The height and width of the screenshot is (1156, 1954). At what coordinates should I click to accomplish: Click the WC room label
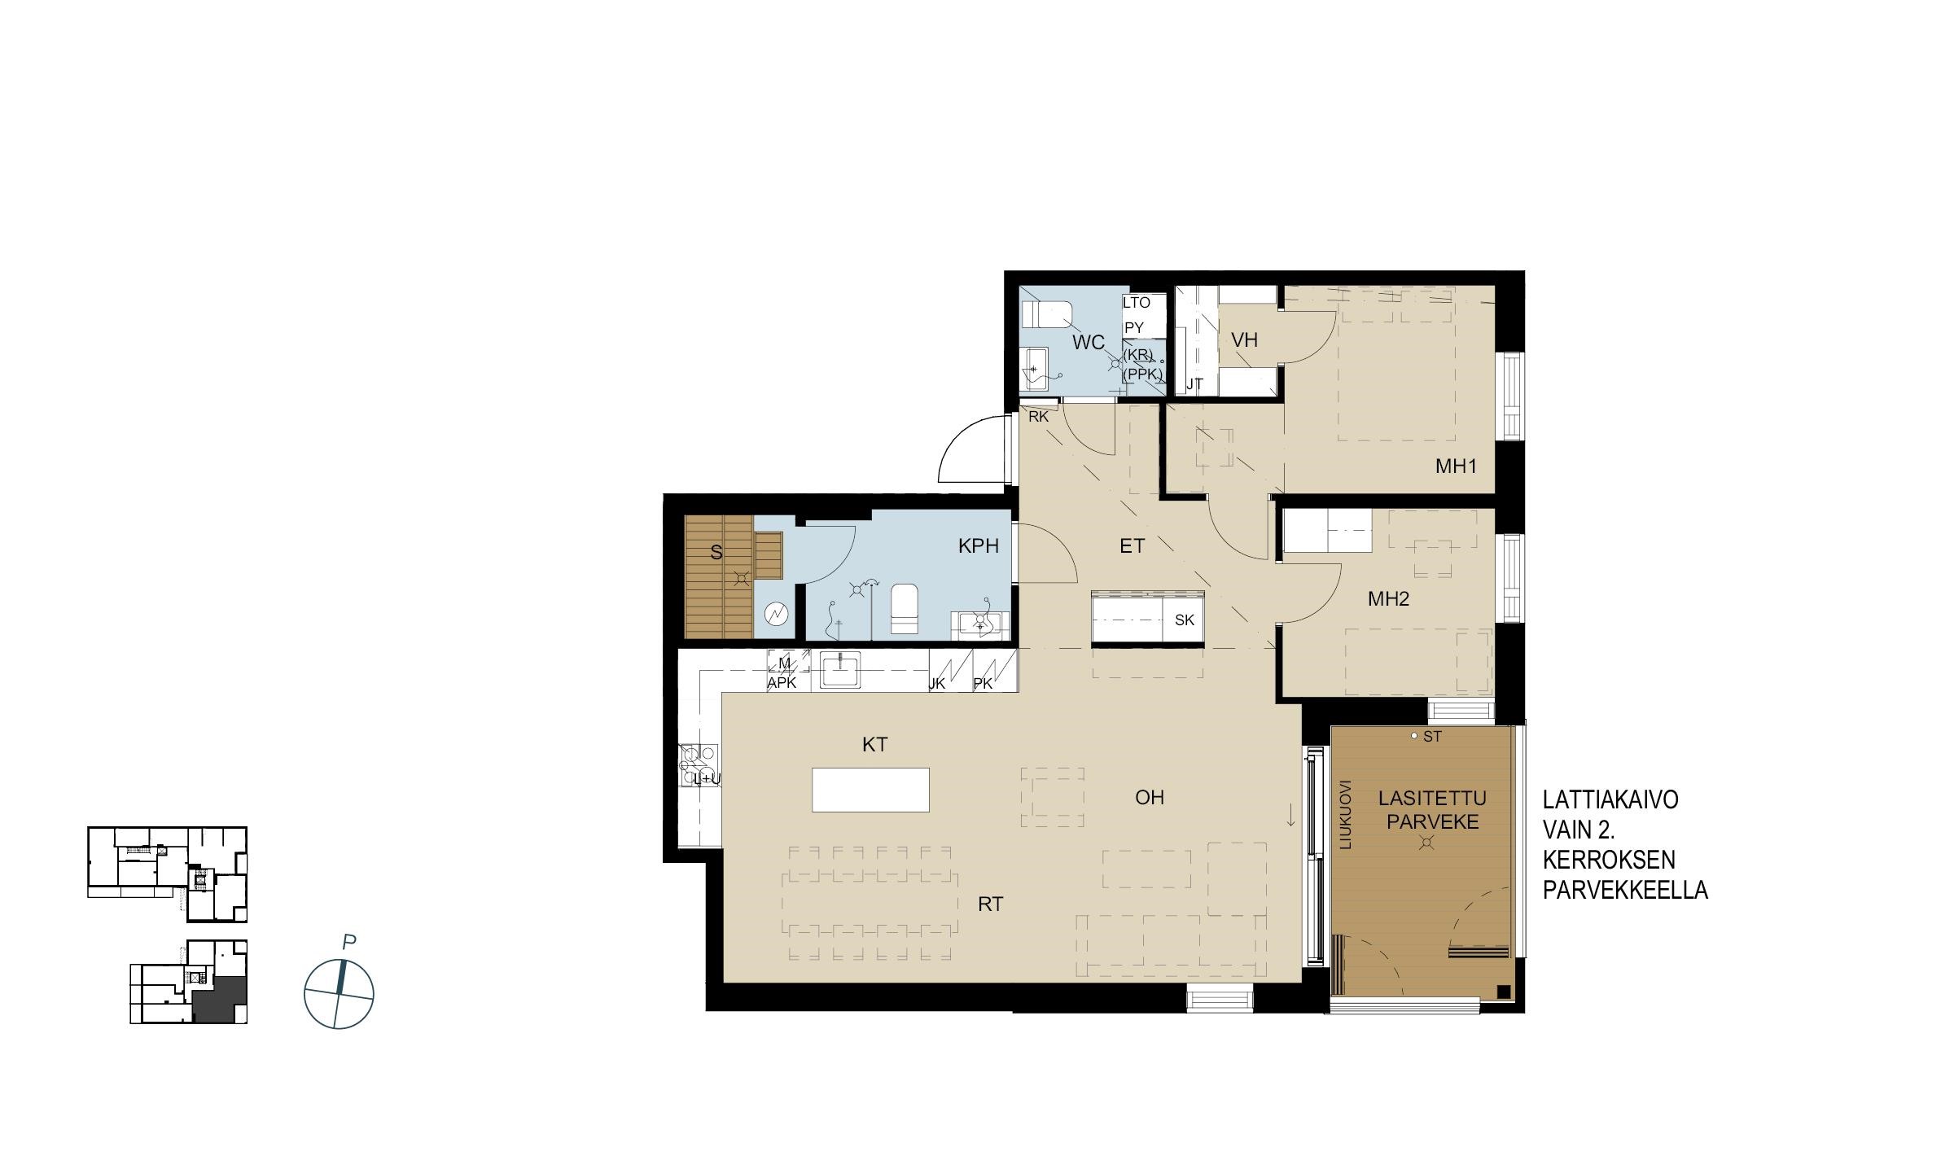1089,342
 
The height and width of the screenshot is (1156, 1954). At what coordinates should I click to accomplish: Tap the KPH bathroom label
979,546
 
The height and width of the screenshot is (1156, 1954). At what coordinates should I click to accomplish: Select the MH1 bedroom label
1456,466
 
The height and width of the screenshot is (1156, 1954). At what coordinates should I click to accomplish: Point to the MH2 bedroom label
1389,599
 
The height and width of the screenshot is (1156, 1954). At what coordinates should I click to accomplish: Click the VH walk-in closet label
1244,339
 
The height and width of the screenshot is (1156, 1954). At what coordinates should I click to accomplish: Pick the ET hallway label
1132,546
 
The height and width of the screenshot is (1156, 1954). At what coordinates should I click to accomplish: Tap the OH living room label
1150,797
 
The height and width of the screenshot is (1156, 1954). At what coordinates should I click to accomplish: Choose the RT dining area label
990,904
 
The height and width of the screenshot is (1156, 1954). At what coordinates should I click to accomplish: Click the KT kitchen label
874,744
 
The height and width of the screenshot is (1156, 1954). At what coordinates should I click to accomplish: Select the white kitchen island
870,790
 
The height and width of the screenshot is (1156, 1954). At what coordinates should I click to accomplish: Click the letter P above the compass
349,943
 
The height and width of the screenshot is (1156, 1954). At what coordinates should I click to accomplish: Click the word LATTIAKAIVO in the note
1610,800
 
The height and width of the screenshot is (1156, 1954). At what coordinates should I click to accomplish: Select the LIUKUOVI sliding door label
1346,815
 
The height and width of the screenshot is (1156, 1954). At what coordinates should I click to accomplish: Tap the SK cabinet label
1185,620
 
